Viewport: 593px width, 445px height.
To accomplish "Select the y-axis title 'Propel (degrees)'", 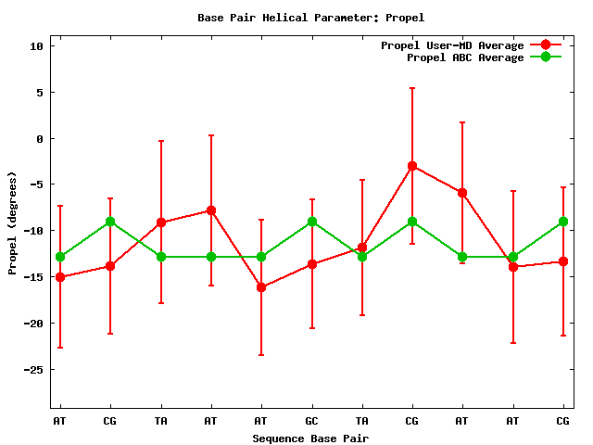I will pyautogui.click(x=12, y=222).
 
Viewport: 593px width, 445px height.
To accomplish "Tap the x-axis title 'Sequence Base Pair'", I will pyautogui.click(x=310, y=438).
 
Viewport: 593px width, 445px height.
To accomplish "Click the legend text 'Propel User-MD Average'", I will pyautogui.click(x=452, y=45).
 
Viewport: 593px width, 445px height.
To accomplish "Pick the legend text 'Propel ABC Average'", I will pyautogui.click(x=465, y=57).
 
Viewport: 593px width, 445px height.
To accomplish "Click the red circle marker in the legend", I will pyautogui.click(x=546, y=45).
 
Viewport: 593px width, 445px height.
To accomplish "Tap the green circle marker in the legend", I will pyautogui.click(x=546, y=57).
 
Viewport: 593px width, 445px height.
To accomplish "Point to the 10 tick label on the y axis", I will pyautogui.click(x=36, y=46).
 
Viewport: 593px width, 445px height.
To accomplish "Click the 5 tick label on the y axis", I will pyautogui.click(x=39, y=93).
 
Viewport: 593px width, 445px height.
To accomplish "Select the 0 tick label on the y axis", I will pyautogui.click(x=39, y=139).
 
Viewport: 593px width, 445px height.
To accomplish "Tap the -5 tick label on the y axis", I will pyautogui.click(x=36, y=184).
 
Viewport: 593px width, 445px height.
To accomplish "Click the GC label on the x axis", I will pyautogui.click(x=311, y=421).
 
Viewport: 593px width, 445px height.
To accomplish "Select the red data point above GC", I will pyautogui.click(x=311, y=264).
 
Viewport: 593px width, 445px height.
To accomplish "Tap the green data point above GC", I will pyautogui.click(x=311, y=222).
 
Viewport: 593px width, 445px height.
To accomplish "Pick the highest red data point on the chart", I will pyautogui.click(x=412, y=166).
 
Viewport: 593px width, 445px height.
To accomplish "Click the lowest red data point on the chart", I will pyautogui.click(x=261, y=287).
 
